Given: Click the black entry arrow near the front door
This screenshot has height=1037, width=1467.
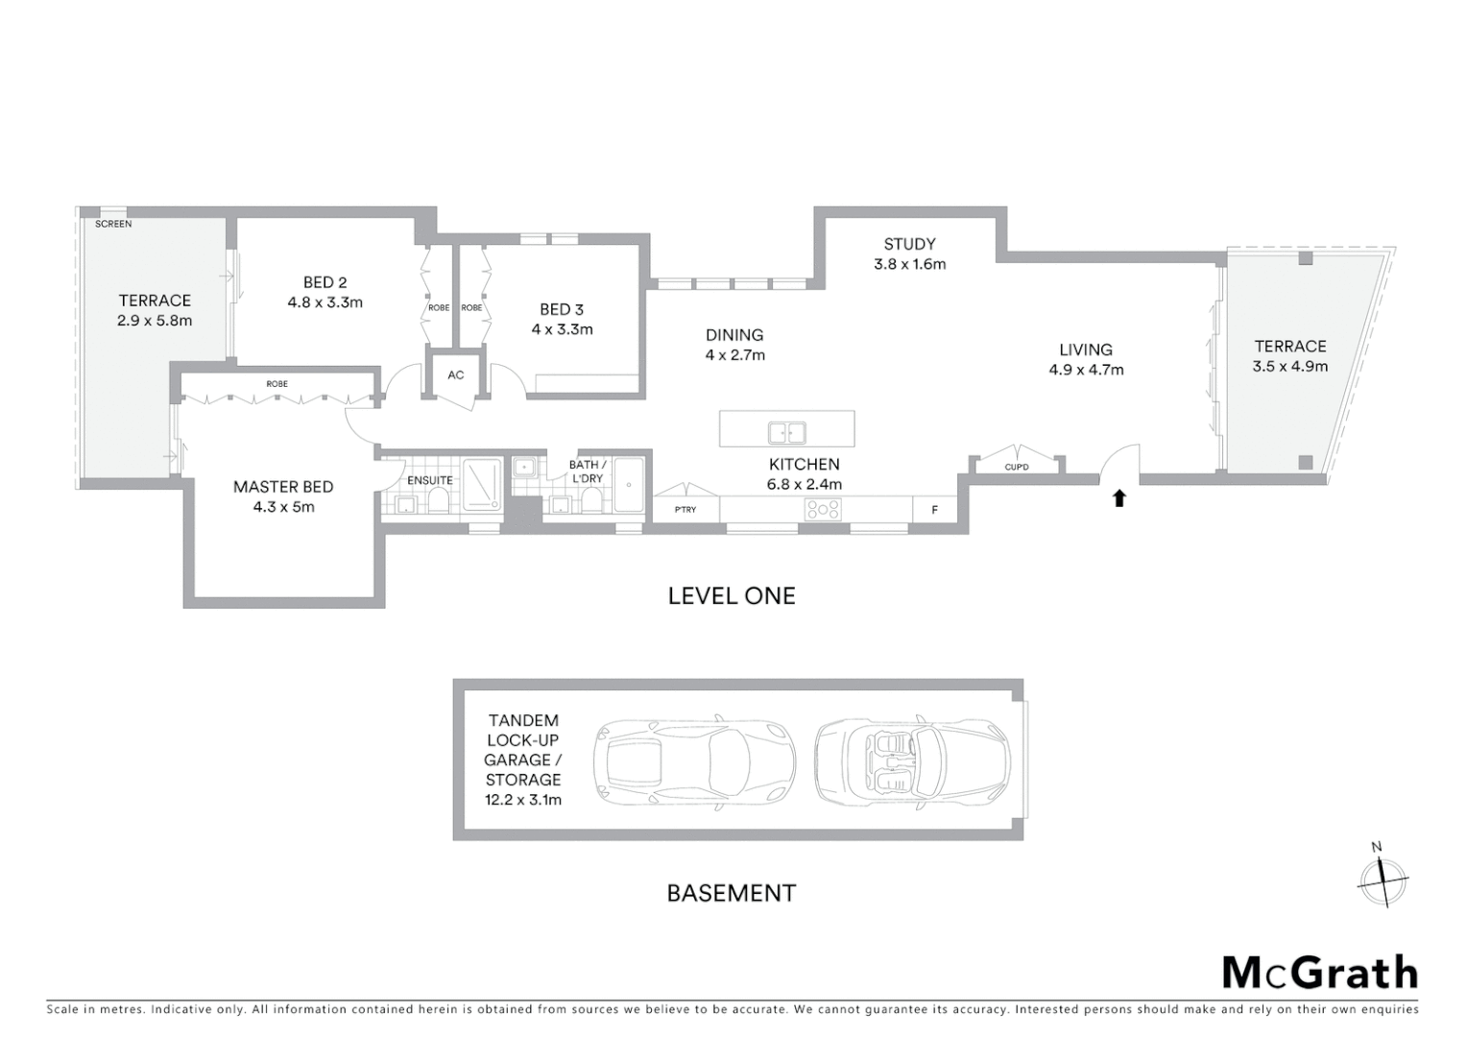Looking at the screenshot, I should pyautogui.click(x=1118, y=497).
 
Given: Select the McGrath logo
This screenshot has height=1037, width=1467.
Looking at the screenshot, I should pyautogui.click(x=1319, y=973).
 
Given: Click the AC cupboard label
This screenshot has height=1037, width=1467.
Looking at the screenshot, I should pyautogui.click(x=456, y=374).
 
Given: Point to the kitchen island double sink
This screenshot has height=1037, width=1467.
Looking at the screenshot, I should pyautogui.click(x=786, y=432).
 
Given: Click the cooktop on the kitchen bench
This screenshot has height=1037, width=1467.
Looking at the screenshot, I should pyautogui.click(x=823, y=509).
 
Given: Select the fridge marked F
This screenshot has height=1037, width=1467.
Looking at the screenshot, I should pyautogui.click(x=935, y=510).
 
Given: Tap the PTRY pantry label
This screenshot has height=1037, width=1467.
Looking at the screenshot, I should pyautogui.click(x=685, y=510).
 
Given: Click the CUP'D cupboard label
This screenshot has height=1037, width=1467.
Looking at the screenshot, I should pyautogui.click(x=1017, y=468).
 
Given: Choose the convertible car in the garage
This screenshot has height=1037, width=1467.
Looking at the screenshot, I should pyautogui.click(x=912, y=761).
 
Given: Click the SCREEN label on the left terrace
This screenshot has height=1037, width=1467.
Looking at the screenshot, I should pyautogui.click(x=113, y=224).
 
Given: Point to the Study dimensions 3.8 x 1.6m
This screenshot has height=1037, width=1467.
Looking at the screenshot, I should pyautogui.click(x=909, y=264).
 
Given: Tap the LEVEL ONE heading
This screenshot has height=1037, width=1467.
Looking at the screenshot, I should pyautogui.click(x=732, y=596).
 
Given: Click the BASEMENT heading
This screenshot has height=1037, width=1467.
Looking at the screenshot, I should pyautogui.click(x=732, y=894).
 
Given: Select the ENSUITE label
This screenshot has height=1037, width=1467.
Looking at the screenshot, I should pyautogui.click(x=430, y=480).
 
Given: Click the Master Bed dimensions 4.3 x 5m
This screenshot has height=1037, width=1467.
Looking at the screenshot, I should pyautogui.click(x=283, y=507).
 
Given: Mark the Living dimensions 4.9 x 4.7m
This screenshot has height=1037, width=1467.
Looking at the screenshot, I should pyautogui.click(x=1086, y=370).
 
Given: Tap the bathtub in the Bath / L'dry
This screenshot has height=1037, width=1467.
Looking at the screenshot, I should pyautogui.click(x=629, y=485).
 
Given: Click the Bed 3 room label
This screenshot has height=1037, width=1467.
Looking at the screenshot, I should pyautogui.click(x=562, y=309).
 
